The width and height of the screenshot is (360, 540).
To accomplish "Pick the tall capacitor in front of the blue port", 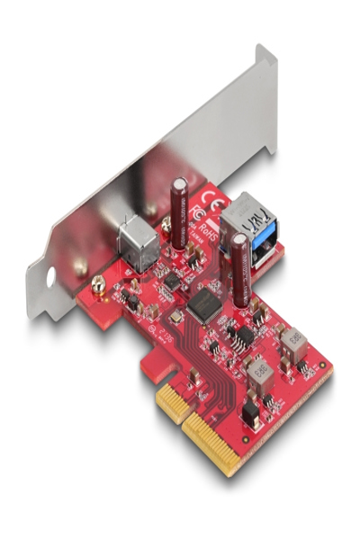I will tap(240, 270).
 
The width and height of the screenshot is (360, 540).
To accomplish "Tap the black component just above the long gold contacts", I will tap(249, 414).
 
